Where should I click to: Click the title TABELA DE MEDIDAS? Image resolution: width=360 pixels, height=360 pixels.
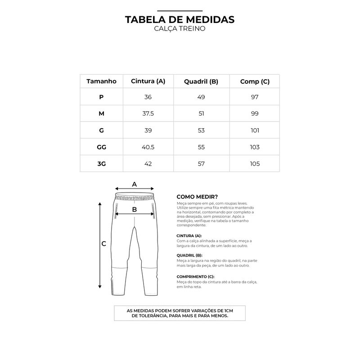(180, 20)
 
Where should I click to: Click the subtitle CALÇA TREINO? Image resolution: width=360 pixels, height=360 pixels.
(180, 29)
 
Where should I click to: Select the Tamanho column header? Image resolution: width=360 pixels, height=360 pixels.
(101, 81)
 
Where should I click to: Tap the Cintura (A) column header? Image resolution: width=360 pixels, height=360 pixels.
(148, 81)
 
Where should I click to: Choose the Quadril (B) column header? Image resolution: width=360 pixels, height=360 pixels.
(201, 81)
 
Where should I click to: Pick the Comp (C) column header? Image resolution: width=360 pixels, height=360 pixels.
(255, 81)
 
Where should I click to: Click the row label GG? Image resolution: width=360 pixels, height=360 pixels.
(101, 147)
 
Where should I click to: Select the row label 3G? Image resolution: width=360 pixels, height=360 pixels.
(101, 163)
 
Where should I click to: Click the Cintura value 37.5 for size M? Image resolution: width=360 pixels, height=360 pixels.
(148, 114)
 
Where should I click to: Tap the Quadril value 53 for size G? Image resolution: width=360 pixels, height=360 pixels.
(201, 130)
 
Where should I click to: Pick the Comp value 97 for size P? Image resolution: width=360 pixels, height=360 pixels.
(255, 97)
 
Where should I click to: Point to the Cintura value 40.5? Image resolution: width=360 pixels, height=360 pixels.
(148, 147)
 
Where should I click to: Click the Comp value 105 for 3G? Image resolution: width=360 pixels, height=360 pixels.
(255, 163)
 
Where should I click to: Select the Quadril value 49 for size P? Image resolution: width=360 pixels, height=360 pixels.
(201, 97)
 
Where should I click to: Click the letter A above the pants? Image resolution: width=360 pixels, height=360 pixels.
(134, 184)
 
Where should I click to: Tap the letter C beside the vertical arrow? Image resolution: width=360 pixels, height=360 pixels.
(103, 244)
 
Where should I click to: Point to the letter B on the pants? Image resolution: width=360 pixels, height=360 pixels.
(134, 209)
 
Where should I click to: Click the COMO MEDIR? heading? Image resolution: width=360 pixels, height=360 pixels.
(197, 197)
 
